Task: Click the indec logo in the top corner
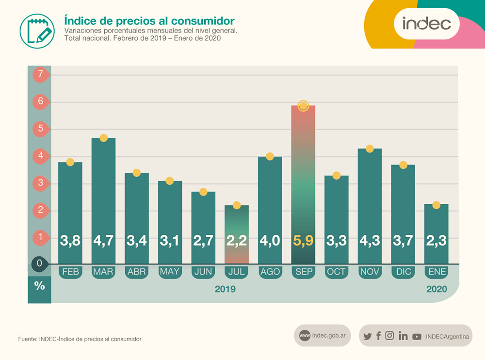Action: click(427, 23)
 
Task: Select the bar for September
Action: click(303, 184)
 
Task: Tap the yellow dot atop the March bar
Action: click(103, 138)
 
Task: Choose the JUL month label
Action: click(236, 272)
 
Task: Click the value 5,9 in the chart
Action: click(303, 240)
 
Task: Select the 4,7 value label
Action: click(103, 240)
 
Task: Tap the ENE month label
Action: click(436, 272)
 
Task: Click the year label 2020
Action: click(436, 289)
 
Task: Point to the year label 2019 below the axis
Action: click(225, 289)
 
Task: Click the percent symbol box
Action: click(39, 286)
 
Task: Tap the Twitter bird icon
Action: click(367, 336)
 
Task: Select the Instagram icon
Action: click(389, 335)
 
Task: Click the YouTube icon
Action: click(417, 336)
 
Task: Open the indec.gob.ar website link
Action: click(323, 336)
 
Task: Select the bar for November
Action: click(370, 206)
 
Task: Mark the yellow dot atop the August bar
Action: click(270, 156)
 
